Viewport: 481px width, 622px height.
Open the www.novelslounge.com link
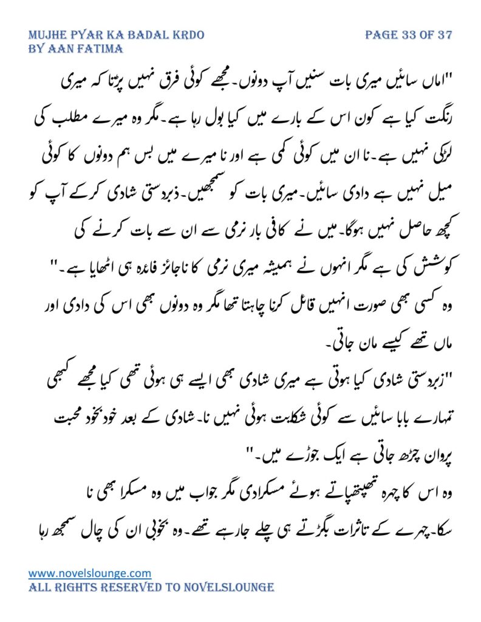90,573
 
